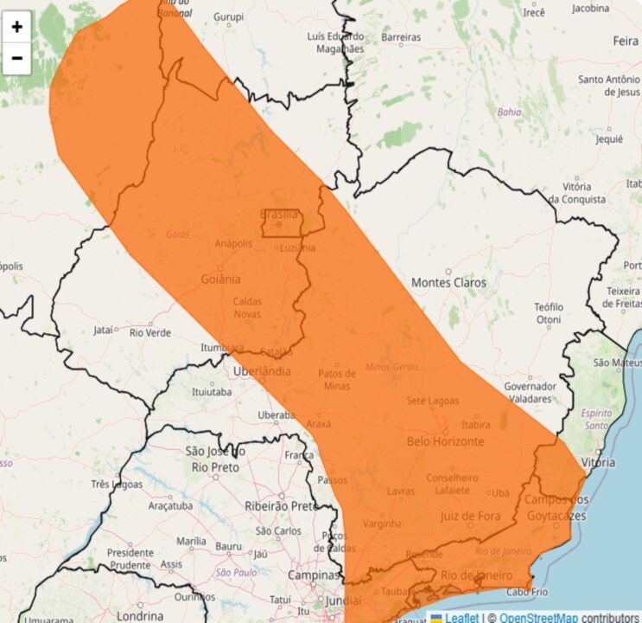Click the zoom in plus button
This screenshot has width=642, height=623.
tap(17, 27)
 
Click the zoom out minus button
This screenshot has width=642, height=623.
tap(17, 58)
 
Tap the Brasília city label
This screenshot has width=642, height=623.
tap(279, 215)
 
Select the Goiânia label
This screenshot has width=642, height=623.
tap(219, 279)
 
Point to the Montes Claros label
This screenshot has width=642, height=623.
tap(448, 283)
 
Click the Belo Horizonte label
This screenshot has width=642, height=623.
tap(445, 441)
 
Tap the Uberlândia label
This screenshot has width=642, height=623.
tap(263, 372)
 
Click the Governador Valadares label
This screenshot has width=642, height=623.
tap(530, 392)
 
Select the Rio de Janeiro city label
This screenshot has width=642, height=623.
tap(477, 575)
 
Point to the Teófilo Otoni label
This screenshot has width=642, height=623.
tap(548, 313)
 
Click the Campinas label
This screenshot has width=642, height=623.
tap(314, 575)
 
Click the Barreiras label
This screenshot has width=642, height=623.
tap(401, 38)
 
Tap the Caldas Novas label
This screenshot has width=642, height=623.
tap(247, 307)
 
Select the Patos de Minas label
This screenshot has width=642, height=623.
tap(337, 380)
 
